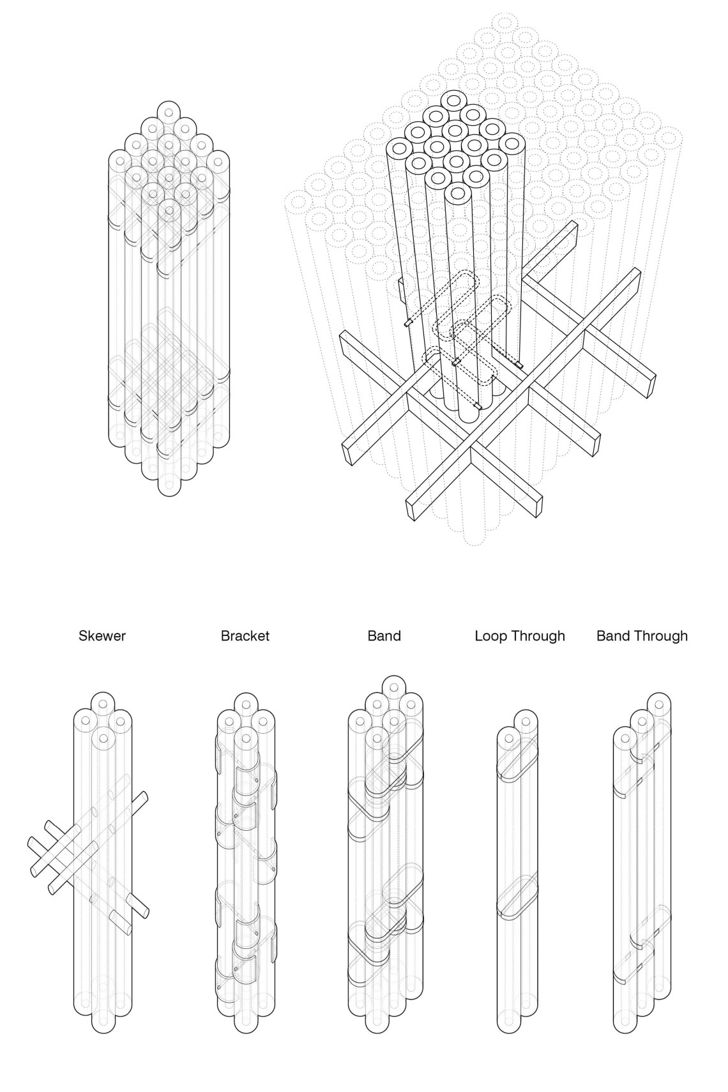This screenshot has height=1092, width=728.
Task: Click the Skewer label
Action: [x=102, y=636]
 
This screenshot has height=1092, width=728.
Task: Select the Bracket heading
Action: [x=245, y=636]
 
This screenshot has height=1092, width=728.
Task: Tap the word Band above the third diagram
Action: [x=384, y=636]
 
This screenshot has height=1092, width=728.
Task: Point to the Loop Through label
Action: [x=520, y=636]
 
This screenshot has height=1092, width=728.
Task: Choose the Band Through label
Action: [x=642, y=636]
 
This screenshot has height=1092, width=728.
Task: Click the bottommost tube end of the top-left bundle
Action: [x=169, y=485]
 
